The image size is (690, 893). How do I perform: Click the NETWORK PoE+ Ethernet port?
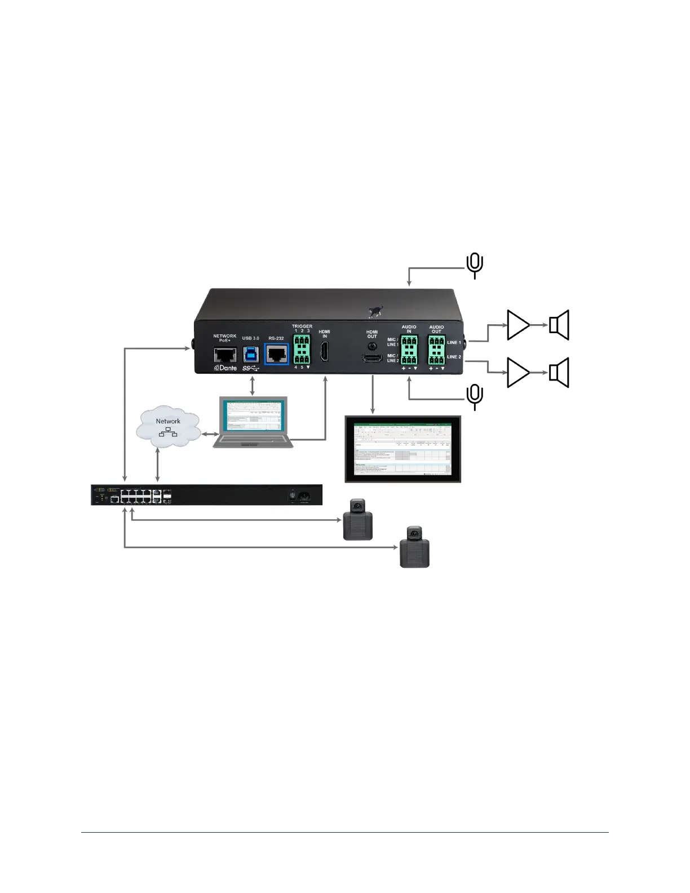tap(225, 355)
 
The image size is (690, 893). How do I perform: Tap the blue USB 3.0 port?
tap(251, 354)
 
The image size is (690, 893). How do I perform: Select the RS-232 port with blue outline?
tap(277, 354)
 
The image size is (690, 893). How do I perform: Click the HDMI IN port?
tap(325, 351)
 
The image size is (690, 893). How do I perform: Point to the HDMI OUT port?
tap(372, 357)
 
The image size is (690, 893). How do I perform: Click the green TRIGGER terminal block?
tap(302, 349)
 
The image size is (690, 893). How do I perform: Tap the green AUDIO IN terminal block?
tap(409, 350)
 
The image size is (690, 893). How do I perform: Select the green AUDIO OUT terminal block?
tap(436, 350)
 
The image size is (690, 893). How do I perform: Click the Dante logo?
tap(225, 368)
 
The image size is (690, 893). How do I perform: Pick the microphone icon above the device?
tap(475, 265)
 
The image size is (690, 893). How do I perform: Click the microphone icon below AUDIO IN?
tap(475, 396)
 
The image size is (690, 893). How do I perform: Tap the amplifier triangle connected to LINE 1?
tap(517, 325)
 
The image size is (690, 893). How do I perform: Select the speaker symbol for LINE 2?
tap(559, 373)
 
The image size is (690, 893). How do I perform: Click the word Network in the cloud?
tap(168, 421)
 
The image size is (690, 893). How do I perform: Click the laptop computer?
tap(253, 423)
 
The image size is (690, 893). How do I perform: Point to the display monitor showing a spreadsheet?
tap(402, 449)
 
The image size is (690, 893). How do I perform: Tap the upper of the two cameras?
tap(358, 519)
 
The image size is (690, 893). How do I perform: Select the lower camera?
tap(414, 546)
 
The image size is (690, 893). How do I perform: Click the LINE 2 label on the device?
tap(454, 357)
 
